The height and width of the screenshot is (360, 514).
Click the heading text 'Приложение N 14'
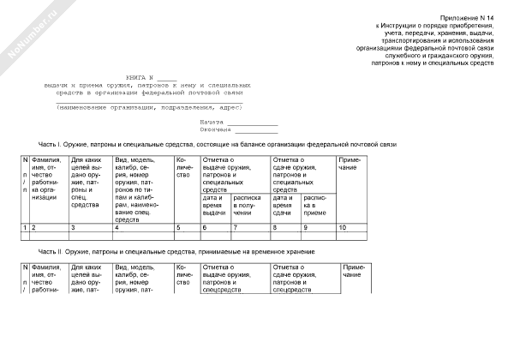[468, 18]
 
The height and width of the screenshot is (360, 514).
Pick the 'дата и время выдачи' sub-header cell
[214, 206]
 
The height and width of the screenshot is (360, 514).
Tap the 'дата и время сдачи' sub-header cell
[284, 206]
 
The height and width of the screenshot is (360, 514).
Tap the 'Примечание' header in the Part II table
[355, 271]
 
